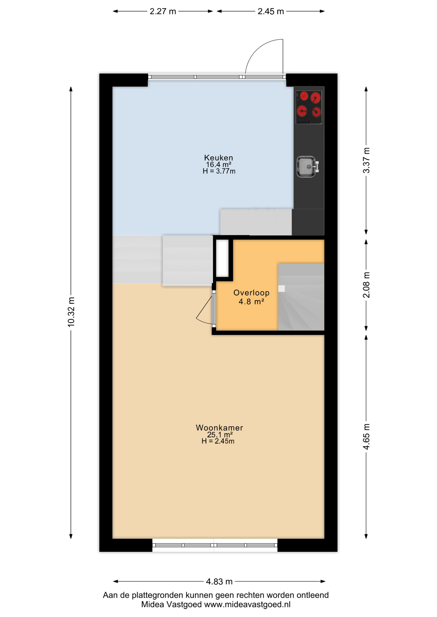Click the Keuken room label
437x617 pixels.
tap(219, 158)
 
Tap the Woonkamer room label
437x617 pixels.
tap(219, 428)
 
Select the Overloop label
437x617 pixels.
tap(251, 293)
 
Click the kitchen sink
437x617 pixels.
tap(308, 166)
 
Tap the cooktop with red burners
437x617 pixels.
tap(309, 107)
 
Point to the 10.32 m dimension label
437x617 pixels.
tap(71, 312)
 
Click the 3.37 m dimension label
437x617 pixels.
tap(366, 161)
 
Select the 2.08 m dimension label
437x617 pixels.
tap(366, 285)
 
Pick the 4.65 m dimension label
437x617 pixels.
tap(366, 437)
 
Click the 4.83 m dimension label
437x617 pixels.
tap(219, 581)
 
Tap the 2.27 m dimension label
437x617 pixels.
tap(163, 12)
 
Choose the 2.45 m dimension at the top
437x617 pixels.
tap(271, 12)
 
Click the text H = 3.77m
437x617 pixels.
tap(219, 171)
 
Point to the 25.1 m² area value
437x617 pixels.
tap(220, 435)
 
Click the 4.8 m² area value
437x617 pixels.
tap(251, 302)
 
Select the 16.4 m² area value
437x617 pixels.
tap(219, 165)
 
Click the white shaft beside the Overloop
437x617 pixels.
tap(222, 258)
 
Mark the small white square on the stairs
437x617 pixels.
tap(282, 289)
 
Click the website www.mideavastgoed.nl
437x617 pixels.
tap(247, 604)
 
